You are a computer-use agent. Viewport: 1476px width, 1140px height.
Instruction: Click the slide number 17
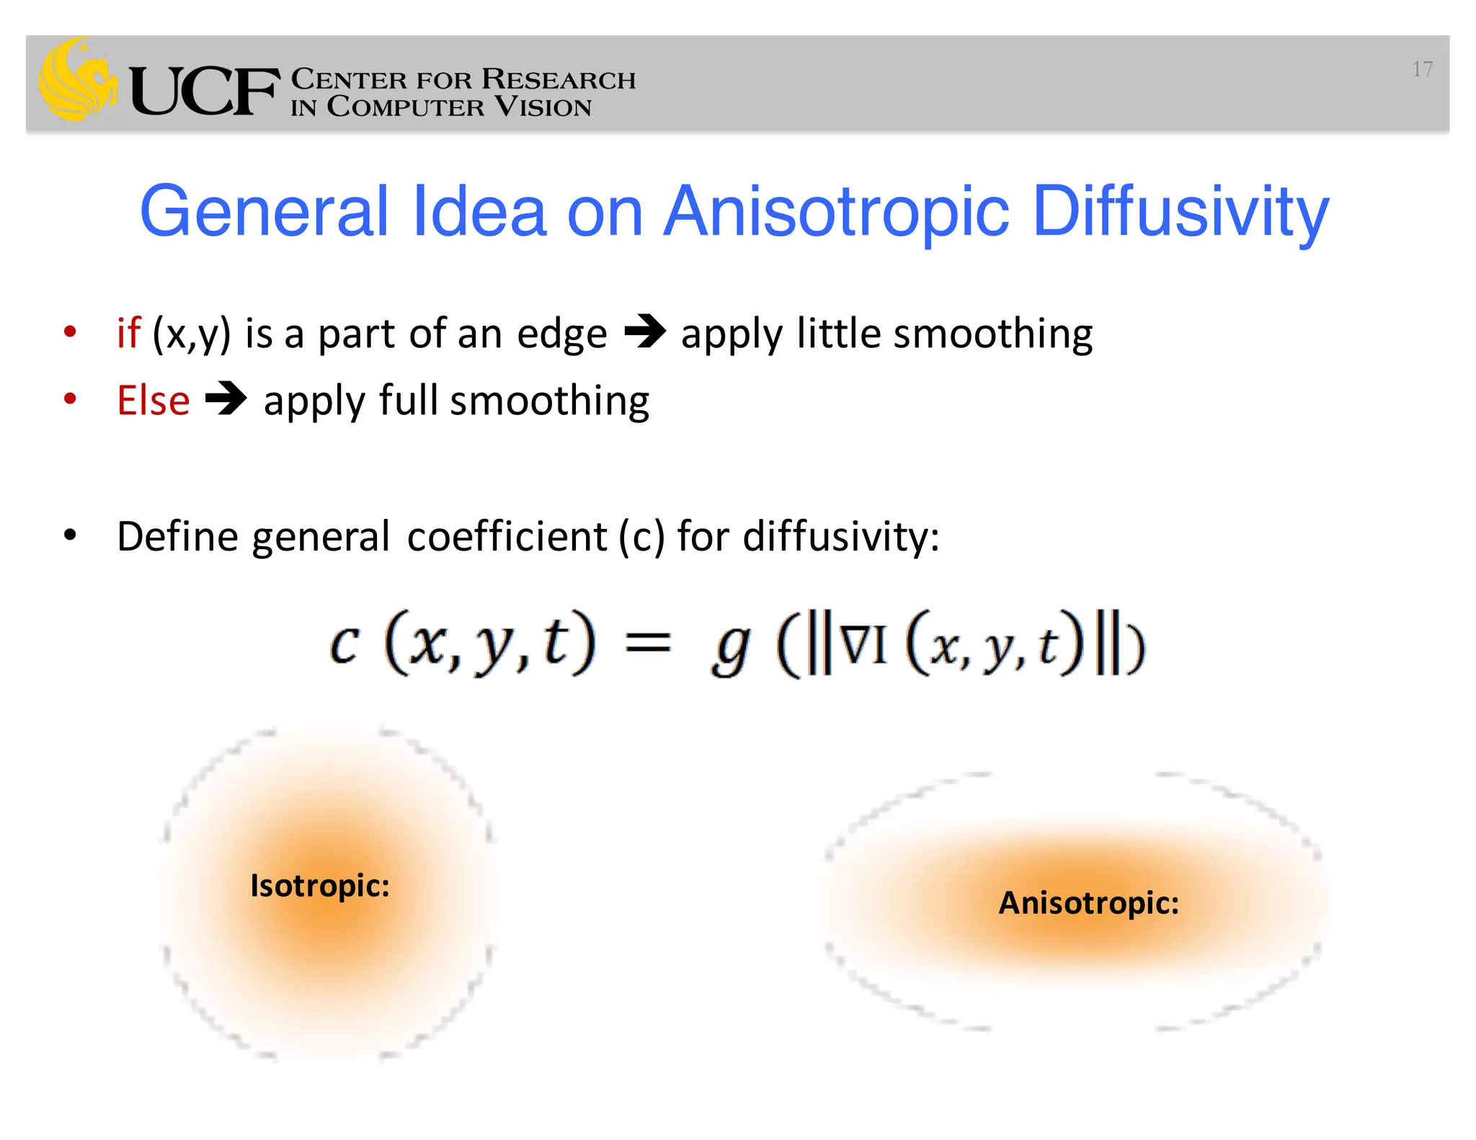click(x=1422, y=69)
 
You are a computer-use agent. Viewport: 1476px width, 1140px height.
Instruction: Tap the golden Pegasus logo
click(x=78, y=79)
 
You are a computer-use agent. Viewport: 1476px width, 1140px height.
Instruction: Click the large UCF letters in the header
click(x=204, y=91)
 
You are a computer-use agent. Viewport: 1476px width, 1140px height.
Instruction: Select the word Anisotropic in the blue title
click(x=836, y=213)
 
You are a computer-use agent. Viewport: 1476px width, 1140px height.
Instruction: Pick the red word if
click(x=128, y=333)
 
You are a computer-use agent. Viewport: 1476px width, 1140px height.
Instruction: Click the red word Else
click(x=153, y=401)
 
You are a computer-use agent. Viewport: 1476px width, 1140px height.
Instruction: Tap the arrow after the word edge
click(x=645, y=332)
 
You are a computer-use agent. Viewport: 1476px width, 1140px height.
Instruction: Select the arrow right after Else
click(x=226, y=399)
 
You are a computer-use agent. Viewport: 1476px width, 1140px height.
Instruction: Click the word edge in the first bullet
click(x=562, y=334)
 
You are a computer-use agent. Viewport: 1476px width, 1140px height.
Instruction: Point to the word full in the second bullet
click(x=408, y=400)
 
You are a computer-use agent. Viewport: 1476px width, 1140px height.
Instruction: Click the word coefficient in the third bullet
click(x=507, y=537)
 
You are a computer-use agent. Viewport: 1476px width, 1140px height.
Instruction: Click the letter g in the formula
click(x=730, y=649)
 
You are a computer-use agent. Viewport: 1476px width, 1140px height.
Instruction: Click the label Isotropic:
click(x=319, y=886)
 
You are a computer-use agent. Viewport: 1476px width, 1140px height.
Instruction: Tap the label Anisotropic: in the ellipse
click(x=1088, y=903)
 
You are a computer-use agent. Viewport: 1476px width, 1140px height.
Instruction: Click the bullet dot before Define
click(x=70, y=535)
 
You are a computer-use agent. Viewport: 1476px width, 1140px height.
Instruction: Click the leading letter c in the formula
click(x=344, y=644)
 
